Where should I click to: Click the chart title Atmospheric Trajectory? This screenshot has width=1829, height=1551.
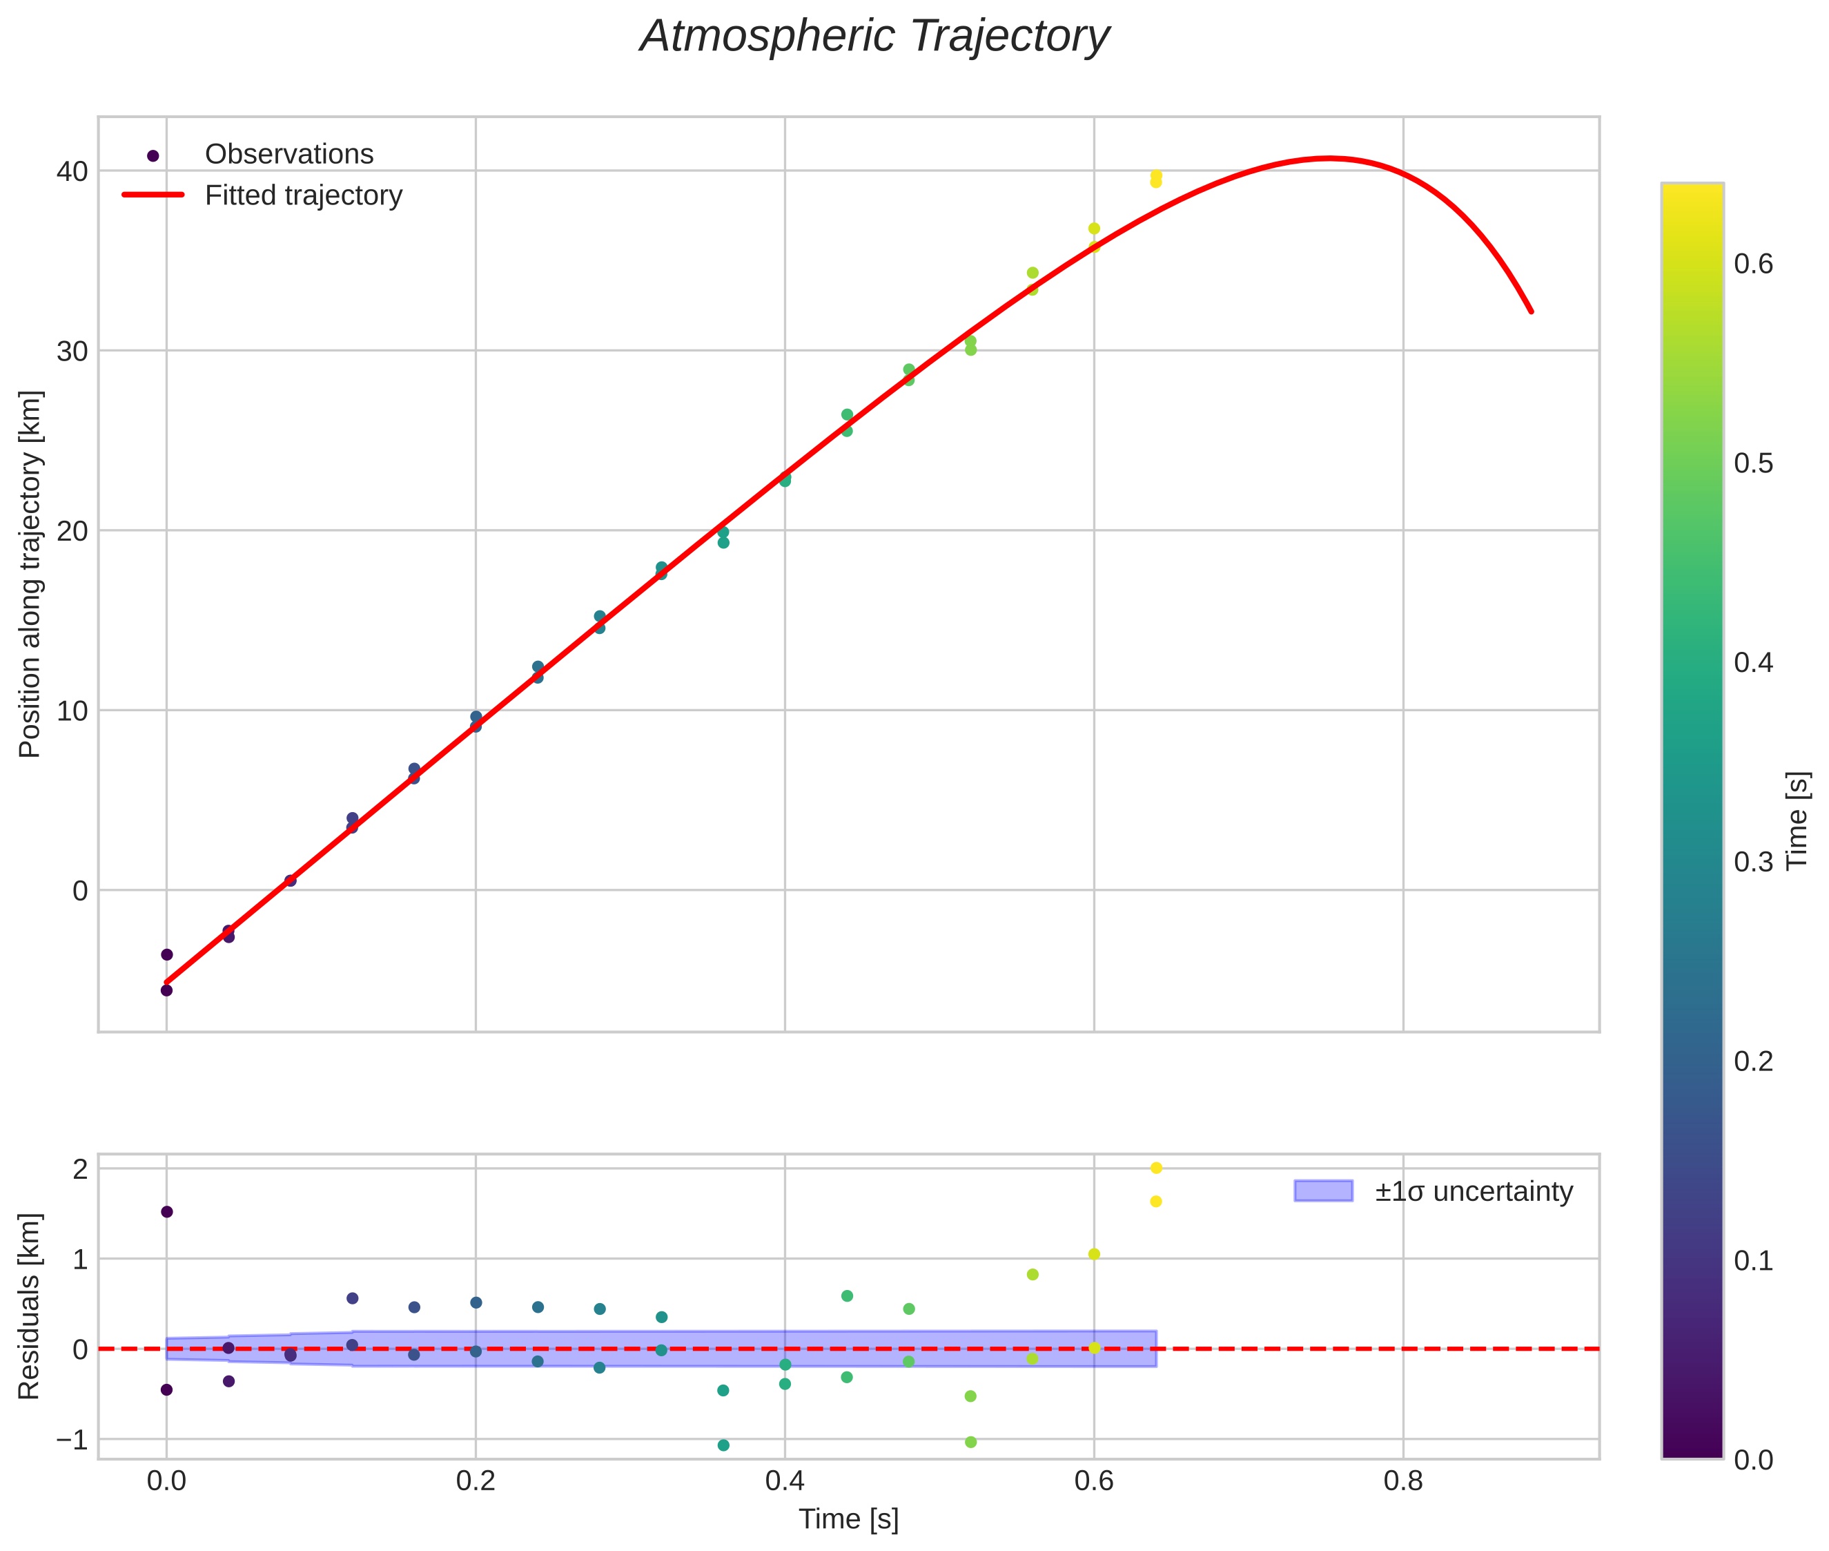(874, 37)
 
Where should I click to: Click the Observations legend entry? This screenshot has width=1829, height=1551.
(288, 155)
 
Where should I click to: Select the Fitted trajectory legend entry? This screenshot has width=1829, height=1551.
(302, 195)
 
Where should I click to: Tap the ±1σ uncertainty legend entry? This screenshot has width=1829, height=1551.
(1473, 1191)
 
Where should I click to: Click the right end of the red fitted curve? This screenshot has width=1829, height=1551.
(1530, 311)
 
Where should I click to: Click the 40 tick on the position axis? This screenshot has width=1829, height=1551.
(72, 171)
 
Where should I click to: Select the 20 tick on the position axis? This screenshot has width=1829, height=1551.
(72, 531)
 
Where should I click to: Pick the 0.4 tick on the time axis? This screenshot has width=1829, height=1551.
(784, 1481)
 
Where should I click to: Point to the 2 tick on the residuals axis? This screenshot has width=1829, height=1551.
(80, 1169)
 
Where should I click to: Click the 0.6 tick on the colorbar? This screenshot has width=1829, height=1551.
(1753, 264)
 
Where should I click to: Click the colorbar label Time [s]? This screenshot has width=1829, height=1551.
(1797, 820)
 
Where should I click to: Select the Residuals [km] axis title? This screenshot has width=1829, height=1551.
(29, 1306)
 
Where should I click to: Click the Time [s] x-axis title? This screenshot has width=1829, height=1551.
(848, 1519)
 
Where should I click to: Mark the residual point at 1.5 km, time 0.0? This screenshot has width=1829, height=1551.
(167, 1212)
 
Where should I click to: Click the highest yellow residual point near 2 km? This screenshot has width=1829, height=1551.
(1156, 1168)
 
